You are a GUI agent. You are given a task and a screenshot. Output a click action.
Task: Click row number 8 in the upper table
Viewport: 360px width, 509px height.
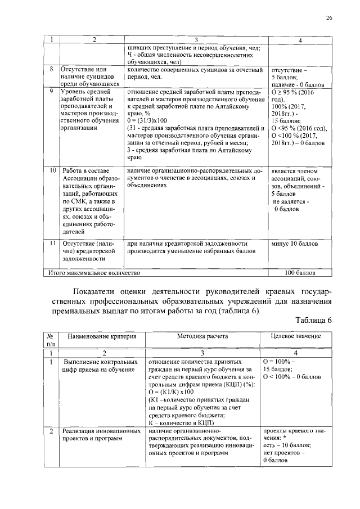pyautogui.click(x=51, y=69)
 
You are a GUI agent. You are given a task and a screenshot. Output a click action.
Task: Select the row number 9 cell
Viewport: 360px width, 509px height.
pyautogui.click(x=51, y=91)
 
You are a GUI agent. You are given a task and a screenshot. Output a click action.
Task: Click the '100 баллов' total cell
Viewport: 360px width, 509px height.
pyautogui.click(x=300, y=273)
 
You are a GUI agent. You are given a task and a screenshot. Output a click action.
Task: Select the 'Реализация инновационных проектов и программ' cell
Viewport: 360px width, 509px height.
pyautogui.click(x=102, y=435)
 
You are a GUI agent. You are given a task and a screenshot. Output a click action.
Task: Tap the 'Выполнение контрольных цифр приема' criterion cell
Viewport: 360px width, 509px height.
pyautogui.click(x=102, y=365)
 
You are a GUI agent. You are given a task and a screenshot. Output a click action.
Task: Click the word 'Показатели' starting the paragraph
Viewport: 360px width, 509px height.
pyautogui.click(x=98, y=291)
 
